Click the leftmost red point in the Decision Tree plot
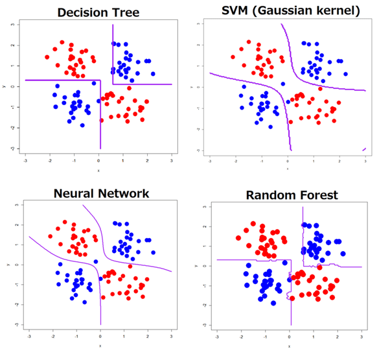pos(47,57)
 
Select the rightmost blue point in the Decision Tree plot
pos(153,74)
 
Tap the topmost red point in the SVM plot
pos(248,42)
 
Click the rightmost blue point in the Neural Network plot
pos(153,252)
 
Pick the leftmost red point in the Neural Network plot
pos(50,236)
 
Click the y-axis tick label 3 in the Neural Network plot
pos(14,205)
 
